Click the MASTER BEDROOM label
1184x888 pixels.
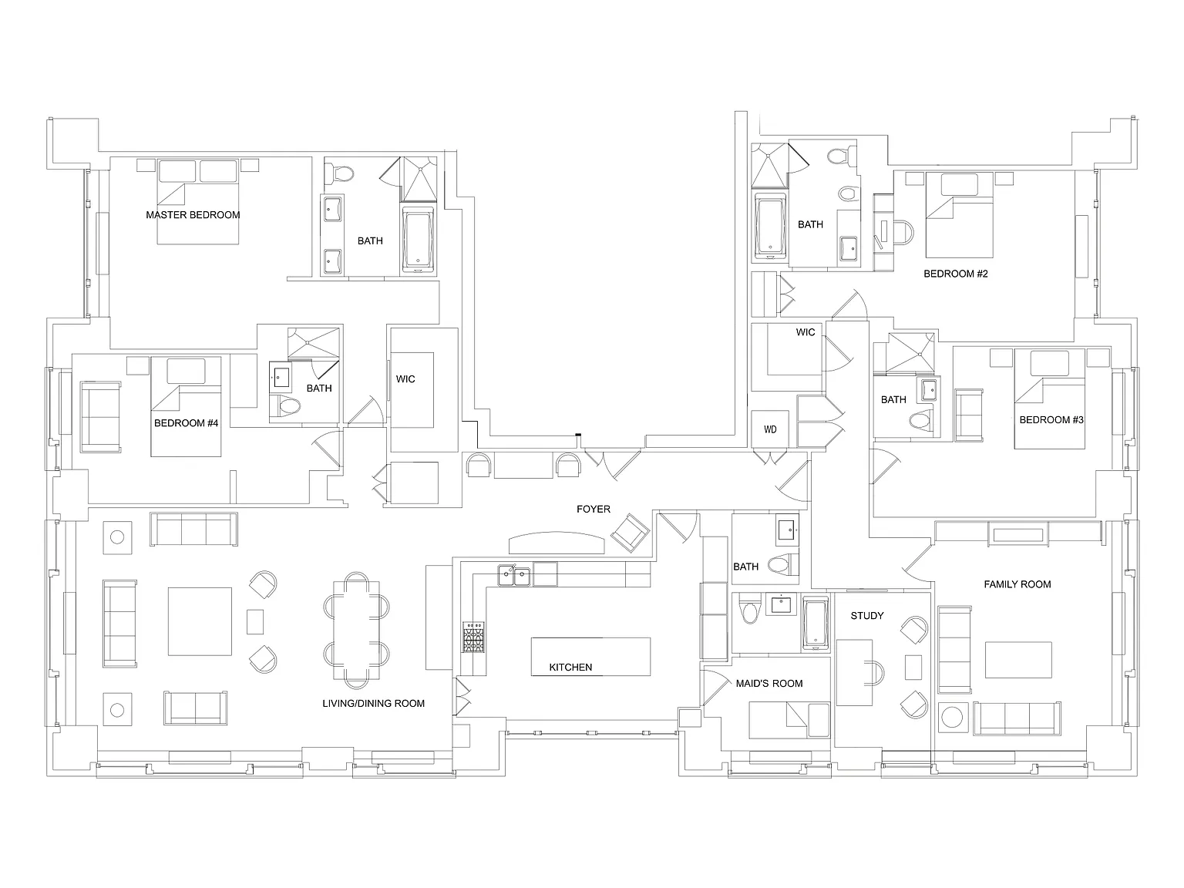point(193,214)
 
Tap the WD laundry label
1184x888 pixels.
point(770,429)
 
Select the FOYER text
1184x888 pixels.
point(594,509)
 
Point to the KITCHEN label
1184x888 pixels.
point(570,667)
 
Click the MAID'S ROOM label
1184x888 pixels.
point(769,683)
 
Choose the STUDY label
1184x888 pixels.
point(867,615)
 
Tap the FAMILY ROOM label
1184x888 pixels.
point(1017,584)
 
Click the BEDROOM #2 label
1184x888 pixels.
point(955,274)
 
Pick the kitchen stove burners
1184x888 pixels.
point(473,637)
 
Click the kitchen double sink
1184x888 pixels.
point(513,576)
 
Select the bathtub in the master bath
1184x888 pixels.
point(418,240)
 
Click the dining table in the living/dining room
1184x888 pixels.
point(356,630)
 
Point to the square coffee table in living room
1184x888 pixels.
point(200,621)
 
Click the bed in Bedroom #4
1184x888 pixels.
point(186,406)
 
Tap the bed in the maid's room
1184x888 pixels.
point(789,719)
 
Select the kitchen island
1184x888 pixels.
point(590,656)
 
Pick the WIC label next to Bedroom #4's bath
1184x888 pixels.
point(405,379)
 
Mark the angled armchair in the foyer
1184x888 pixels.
point(630,533)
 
